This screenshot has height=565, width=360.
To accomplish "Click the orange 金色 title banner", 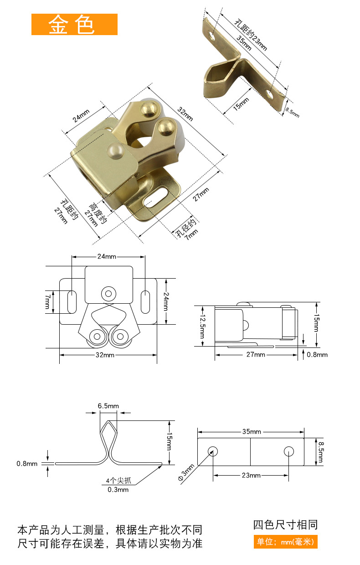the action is tap(74, 24).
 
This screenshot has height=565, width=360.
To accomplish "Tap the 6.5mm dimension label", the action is tap(108, 406).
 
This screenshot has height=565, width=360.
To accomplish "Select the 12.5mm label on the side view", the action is tap(203, 326).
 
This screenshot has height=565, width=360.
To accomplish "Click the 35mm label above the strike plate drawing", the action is tap(252, 431).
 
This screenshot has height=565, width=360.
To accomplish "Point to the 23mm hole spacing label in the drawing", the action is tap(251, 476).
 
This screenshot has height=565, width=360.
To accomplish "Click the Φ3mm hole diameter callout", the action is tap(186, 472).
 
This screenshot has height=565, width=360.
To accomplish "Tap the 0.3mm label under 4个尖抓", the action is tap(118, 490).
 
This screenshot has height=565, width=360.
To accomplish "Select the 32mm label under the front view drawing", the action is tap(105, 355).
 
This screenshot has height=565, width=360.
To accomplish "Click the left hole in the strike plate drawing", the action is tap(213, 451).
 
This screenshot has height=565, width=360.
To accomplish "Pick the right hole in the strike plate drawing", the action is tap(288, 451).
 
